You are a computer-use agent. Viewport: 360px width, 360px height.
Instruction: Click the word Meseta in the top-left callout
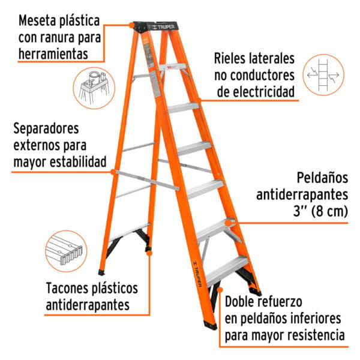37,20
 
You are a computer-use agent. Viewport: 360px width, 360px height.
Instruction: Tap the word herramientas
53,54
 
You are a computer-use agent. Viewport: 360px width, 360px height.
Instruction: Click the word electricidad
256,92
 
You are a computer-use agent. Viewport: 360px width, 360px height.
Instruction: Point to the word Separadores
46,128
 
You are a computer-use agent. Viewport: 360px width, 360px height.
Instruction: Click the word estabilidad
78,161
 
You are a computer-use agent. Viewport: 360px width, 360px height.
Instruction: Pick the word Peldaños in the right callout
322,178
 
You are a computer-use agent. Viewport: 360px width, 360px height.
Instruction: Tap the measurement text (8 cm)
329,211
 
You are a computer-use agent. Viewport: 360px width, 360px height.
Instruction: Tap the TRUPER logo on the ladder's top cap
164,27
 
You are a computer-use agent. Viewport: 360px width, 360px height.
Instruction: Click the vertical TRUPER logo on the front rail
197,274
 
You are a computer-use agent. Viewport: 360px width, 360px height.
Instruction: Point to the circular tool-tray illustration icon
94,88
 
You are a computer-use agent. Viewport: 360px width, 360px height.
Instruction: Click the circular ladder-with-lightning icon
323,75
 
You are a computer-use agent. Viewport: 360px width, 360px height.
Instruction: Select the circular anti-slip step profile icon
67,251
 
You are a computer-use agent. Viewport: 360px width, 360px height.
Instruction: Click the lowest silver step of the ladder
227,271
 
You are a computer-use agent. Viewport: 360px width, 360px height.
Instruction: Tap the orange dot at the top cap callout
131,25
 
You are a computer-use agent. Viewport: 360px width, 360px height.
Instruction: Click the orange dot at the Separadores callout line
113,172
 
